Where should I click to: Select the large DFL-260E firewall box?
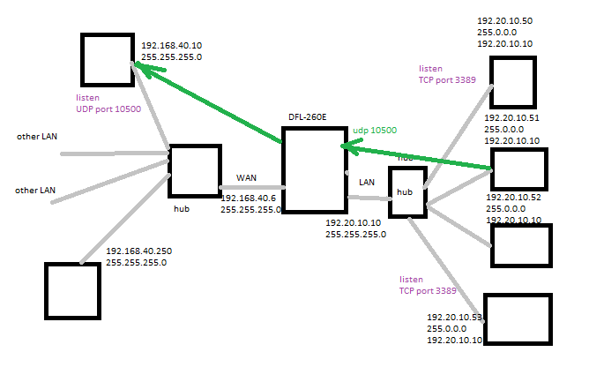pyautogui.click(x=313, y=169)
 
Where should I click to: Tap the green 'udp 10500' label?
pyautogui.click(x=375, y=131)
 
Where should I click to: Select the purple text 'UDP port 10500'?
pyautogui.click(x=109, y=108)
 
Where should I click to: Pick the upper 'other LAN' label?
pyautogui.click(x=36, y=138)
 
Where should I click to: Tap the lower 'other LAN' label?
pyautogui.click(x=36, y=190)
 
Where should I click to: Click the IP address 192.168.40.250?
pyautogui.click(x=139, y=251)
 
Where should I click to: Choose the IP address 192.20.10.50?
pyautogui.click(x=505, y=19)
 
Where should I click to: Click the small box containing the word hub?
pyautogui.click(x=407, y=191)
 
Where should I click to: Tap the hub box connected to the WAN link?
pyautogui.click(x=194, y=170)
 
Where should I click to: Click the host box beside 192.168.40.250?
pyautogui.click(x=71, y=290)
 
